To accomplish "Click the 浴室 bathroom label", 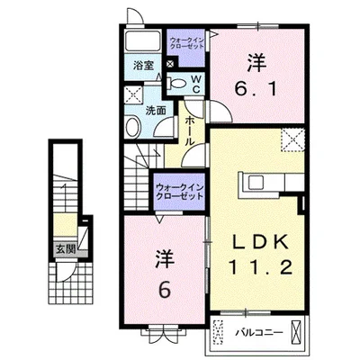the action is click(x=144, y=66).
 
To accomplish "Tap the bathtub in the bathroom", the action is click(x=142, y=40).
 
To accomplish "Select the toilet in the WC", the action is click(x=176, y=83).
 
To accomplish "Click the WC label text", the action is click(x=196, y=85).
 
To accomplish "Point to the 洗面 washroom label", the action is click(x=156, y=111).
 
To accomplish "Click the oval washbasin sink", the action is click(x=133, y=128).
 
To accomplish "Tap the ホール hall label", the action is click(x=189, y=131).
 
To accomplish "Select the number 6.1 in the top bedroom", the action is click(x=256, y=88).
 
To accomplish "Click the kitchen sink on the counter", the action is click(x=255, y=182).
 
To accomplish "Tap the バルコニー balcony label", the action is click(x=258, y=333).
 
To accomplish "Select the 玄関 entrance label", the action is click(x=66, y=248).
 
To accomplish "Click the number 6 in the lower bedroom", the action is click(x=165, y=290).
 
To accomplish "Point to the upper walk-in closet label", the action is click(x=187, y=43).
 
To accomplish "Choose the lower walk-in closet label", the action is click(x=179, y=192).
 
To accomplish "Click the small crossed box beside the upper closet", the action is click(x=170, y=64).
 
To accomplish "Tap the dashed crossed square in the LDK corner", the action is click(x=292, y=139).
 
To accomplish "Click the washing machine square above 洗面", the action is click(x=134, y=94).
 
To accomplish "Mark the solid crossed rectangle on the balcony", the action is click(x=296, y=331).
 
